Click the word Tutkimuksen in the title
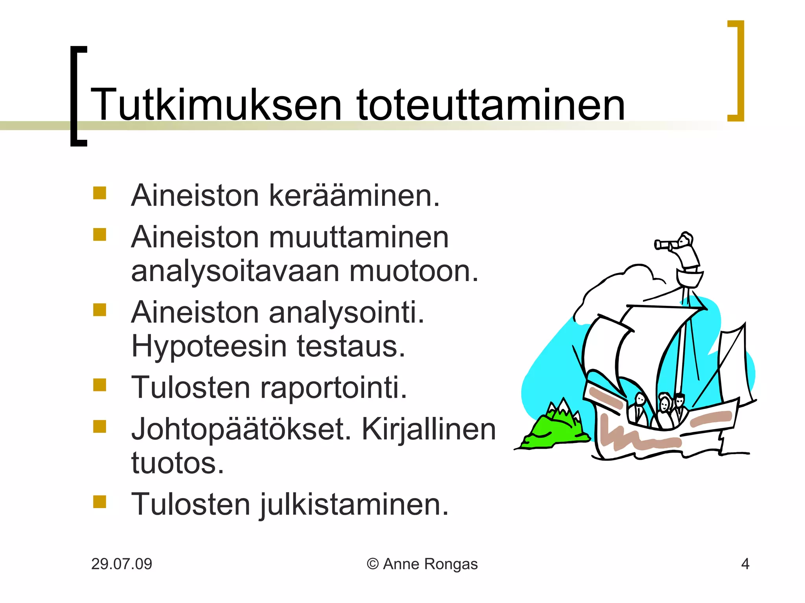click(x=216, y=105)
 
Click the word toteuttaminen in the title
click(x=490, y=105)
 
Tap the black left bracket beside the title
click(x=77, y=96)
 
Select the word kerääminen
click(x=354, y=196)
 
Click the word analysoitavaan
click(x=235, y=272)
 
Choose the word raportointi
click(x=333, y=388)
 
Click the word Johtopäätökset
click(x=241, y=429)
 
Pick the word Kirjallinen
click(x=428, y=429)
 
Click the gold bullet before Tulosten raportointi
click(x=99, y=385)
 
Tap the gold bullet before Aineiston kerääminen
click(x=99, y=193)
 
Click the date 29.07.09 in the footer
click(x=121, y=564)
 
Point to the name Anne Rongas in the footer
click(x=430, y=564)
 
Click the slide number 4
click(x=745, y=564)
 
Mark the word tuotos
click(x=177, y=464)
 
